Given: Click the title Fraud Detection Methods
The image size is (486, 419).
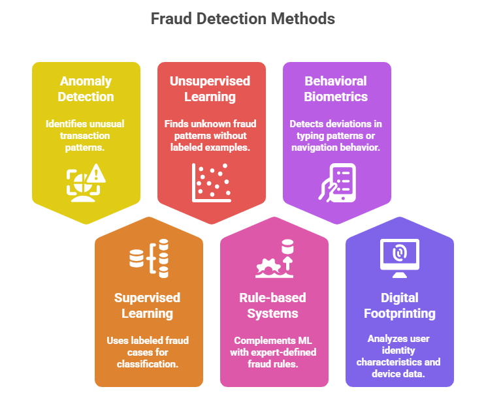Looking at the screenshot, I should click(x=242, y=19).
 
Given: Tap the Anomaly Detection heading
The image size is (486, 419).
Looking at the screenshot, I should click(x=86, y=89).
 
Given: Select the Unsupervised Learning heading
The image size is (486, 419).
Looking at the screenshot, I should click(x=210, y=89).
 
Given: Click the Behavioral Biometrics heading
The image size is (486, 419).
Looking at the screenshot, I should click(x=336, y=89).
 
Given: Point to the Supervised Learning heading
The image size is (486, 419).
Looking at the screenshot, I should click(x=148, y=305).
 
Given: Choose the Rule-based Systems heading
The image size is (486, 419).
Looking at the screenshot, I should click(x=273, y=305).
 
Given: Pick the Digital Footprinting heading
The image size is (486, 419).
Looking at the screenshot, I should click(x=399, y=305).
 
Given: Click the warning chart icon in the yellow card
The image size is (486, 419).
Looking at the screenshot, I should click(x=86, y=181).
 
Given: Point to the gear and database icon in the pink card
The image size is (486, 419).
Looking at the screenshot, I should click(x=274, y=259).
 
